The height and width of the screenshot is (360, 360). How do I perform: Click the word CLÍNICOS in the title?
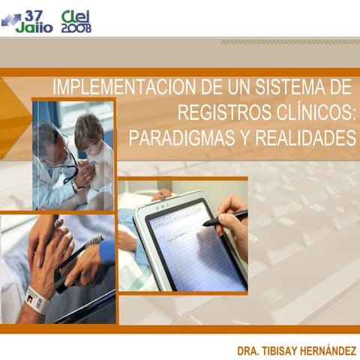(x=314, y=113)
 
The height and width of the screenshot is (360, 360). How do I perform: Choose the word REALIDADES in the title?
(x=304, y=139)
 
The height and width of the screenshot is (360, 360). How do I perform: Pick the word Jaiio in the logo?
(x=34, y=27)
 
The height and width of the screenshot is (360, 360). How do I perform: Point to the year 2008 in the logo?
(x=76, y=28)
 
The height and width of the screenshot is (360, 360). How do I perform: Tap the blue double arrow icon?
(x=11, y=20)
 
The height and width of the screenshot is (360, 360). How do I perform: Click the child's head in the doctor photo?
(x=88, y=131)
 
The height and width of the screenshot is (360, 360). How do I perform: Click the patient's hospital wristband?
(x=37, y=300)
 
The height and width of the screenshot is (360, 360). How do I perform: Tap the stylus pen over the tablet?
(x=224, y=217)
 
